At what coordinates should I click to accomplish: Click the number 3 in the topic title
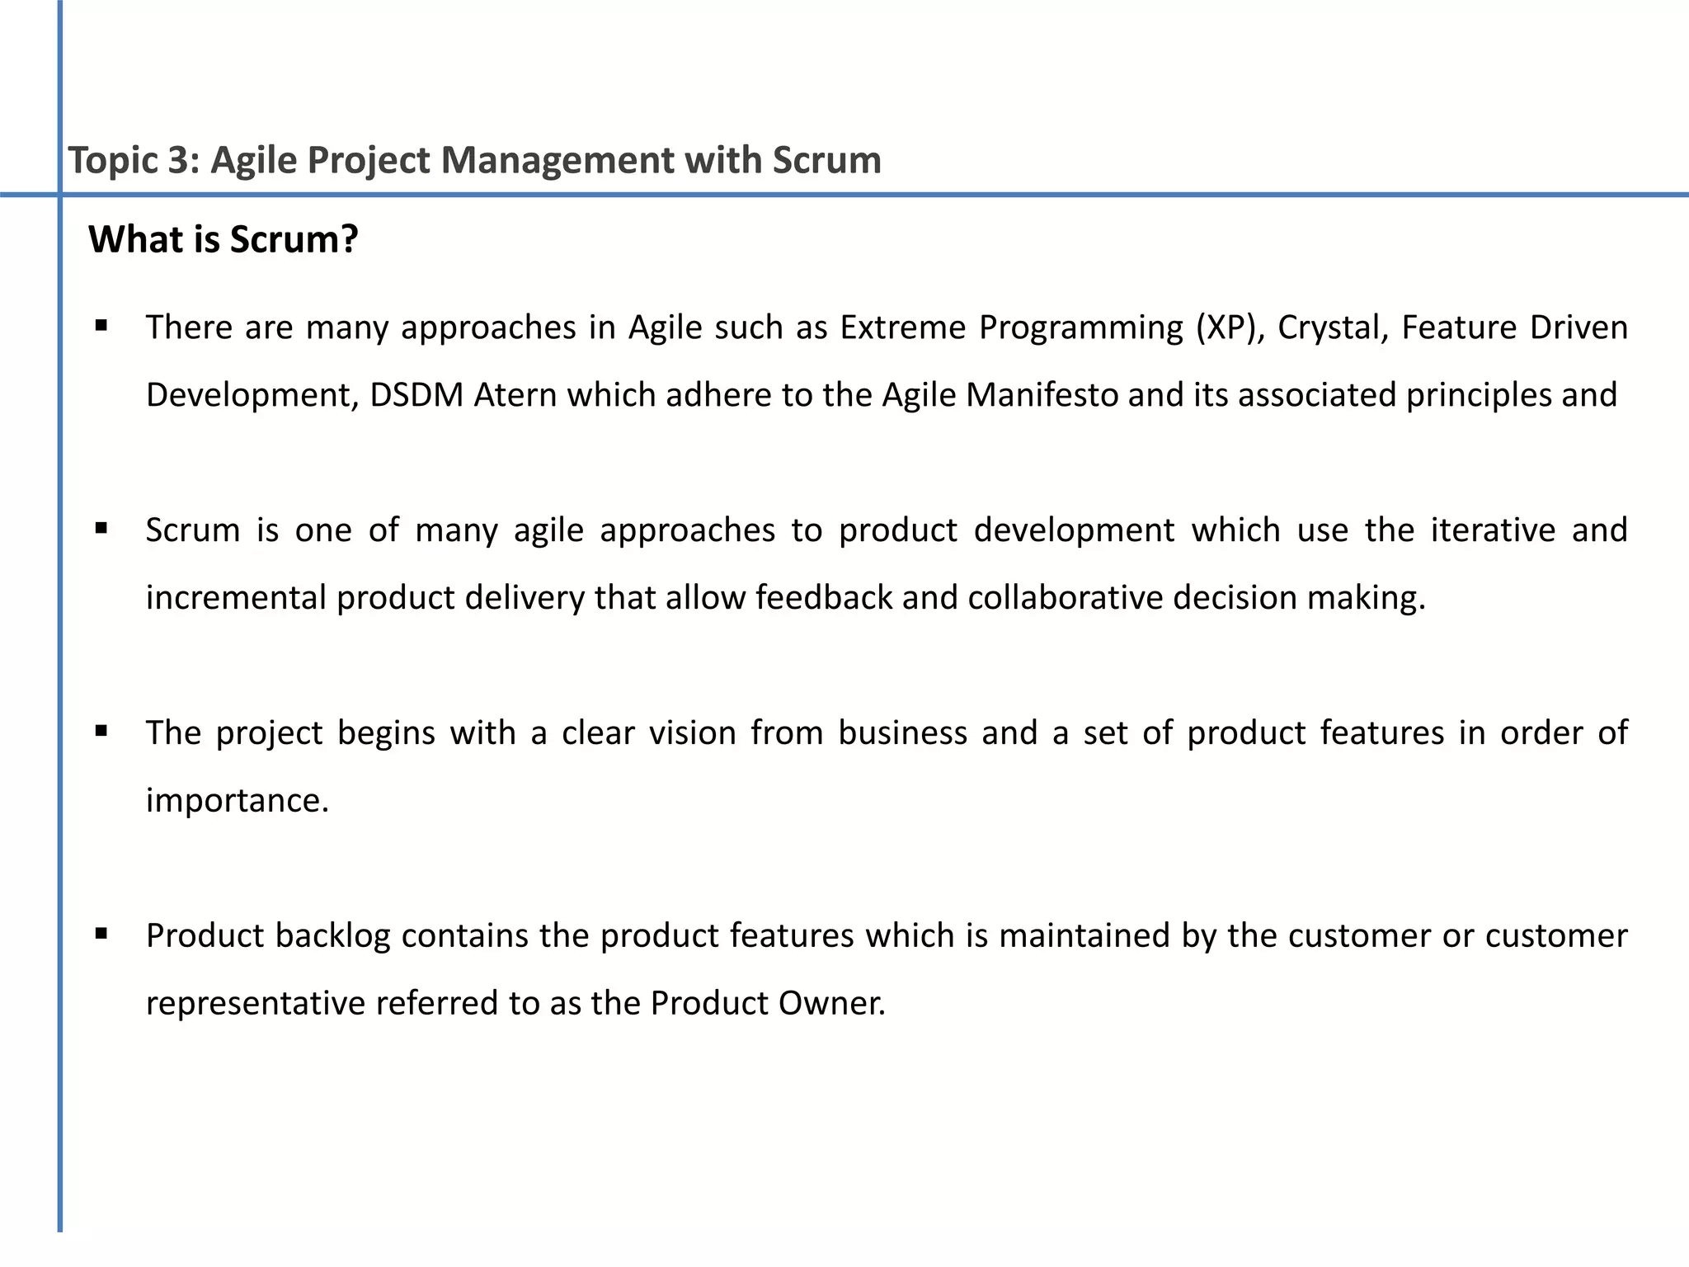click(x=179, y=160)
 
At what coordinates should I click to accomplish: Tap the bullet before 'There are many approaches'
click(x=101, y=326)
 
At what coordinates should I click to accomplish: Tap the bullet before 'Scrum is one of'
click(x=101, y=528)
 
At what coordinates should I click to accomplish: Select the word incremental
click(x=236, y=597)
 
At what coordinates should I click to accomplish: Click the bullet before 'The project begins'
click(x=101, y=731)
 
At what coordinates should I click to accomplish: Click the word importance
click(x=237, y=801)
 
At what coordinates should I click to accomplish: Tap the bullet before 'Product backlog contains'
click(x=101, y=934)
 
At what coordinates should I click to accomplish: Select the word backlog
click(x=332, y=936)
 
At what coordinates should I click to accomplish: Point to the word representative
click(x=256, y=1003)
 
